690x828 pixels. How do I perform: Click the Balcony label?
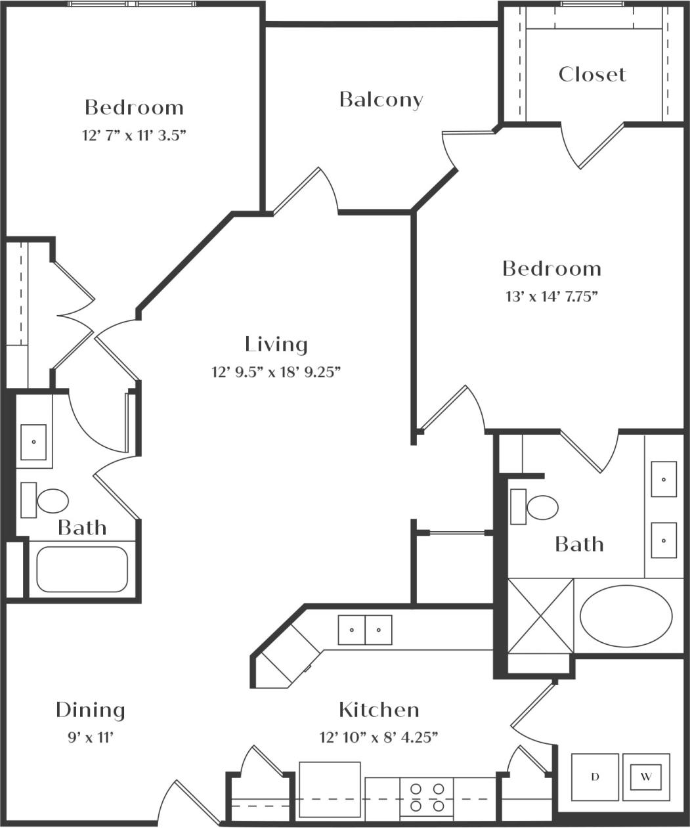point(381,100)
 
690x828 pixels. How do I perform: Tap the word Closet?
point(592,74)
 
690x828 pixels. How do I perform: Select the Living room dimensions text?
point(276,373)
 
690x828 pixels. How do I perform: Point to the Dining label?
point(90,710)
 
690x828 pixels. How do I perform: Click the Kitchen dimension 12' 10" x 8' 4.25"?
point(379,737)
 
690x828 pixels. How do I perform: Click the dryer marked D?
point(595,777)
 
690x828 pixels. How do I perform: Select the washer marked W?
point(646,777)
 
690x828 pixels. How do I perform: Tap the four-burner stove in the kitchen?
point(427,796)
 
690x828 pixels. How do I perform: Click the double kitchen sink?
point(365,630)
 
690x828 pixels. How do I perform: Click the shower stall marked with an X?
point(541,616)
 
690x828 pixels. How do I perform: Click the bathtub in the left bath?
point(82,569)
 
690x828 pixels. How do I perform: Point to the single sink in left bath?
point(33,442)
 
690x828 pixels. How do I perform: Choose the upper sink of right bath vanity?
point(664,479)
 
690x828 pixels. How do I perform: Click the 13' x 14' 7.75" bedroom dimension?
point(551,296)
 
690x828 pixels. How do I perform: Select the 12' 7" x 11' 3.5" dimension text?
point(134,135)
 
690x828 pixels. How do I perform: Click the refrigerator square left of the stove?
point(330,789)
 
